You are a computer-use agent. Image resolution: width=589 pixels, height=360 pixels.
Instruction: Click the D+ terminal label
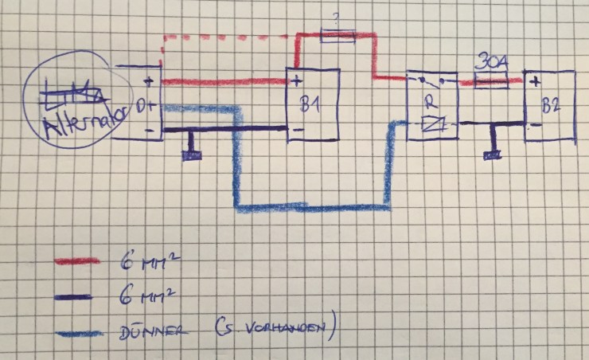[x=146, y=104]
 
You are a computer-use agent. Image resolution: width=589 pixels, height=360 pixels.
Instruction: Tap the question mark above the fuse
[x=337, y=25]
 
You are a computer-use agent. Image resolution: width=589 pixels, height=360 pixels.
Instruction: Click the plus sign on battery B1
[x=297, y=80]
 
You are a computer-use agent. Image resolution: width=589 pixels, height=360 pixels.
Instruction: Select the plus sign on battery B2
[x=532, y=80]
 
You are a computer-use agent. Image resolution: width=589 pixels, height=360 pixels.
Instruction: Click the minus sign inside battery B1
[x=297, y=128]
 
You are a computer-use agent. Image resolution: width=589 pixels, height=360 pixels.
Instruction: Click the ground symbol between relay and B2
[x=493, y=152]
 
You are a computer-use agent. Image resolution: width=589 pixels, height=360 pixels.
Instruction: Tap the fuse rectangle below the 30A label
[x=492, y=78]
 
